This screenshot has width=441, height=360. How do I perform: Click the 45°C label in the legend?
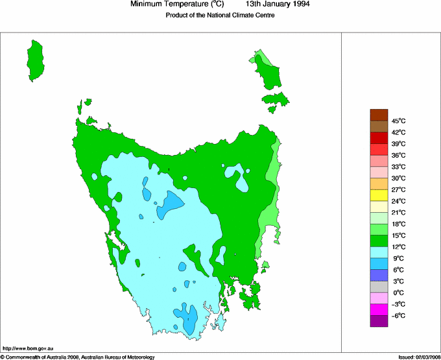pyautogui.click(x=398, y=121)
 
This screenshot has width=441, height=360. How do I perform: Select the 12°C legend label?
pyautogui.click(x=398, y=246)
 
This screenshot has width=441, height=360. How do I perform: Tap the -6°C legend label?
pyautogui.click(x=398, y=315)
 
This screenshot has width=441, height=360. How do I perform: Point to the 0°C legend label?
pyautogui.click(x=398, y=293)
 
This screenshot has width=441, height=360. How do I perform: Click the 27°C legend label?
pyautogui.click(x=398, y=189)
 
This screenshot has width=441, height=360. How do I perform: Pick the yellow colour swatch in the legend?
pyautogui.click(x=379, y=195)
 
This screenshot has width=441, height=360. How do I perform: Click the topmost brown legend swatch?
pyautogui.click(x=379, y=115)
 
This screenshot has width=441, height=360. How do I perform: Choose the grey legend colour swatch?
pyautogui.click(x=379, y=287)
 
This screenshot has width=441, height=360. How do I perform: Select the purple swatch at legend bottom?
pyautogui.click(x=379, y=321)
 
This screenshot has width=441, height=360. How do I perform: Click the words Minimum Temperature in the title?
pyautogui.click(x=171, y=4)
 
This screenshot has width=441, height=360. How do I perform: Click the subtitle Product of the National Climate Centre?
pyautogui.click(x=220, y=16)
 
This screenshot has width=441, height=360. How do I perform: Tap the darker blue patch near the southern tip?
pyautogui.click(x=187, y=319)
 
